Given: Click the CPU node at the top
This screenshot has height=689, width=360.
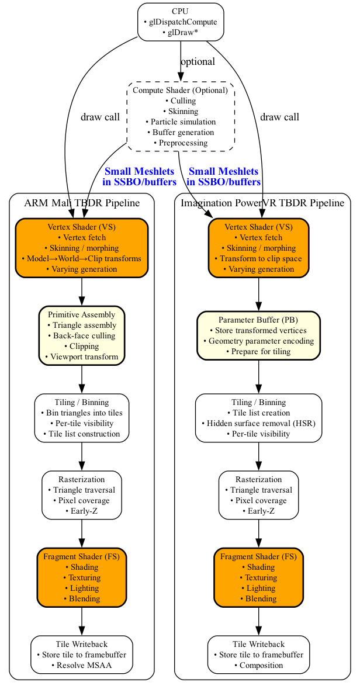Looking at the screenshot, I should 181,22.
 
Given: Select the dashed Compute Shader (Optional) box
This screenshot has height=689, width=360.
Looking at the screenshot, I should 181,116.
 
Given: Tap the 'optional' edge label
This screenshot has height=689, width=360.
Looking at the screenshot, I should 198,61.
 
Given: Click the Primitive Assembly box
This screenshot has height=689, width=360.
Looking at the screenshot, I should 82,335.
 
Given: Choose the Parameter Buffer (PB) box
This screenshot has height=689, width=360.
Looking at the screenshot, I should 258,335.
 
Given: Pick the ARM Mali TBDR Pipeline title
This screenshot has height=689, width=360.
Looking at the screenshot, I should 82,203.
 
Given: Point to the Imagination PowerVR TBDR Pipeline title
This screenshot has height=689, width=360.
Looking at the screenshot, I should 262,203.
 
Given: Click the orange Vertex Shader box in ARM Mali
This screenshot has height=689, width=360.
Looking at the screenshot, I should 82,248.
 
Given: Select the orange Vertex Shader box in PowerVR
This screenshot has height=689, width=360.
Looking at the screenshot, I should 258,248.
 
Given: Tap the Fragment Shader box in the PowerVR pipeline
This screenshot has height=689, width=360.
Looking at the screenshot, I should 258,577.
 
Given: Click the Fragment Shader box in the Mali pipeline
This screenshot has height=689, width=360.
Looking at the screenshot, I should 82,577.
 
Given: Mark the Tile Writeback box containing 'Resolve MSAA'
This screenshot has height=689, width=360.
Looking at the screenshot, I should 82,655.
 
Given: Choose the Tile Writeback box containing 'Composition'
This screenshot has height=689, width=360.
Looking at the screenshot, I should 258,655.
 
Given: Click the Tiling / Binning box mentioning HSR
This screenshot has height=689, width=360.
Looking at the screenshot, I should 258,418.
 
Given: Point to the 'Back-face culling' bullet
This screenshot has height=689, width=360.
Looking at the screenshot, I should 82,336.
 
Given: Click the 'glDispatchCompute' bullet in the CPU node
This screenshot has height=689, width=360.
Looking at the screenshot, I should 181,22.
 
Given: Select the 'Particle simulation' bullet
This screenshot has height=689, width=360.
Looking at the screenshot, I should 181,122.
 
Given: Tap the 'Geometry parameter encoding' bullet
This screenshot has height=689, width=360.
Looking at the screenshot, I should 258,341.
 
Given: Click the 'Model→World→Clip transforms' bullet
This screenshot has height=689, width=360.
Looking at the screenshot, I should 82,259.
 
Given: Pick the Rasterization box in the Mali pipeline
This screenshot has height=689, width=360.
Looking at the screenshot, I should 82,495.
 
